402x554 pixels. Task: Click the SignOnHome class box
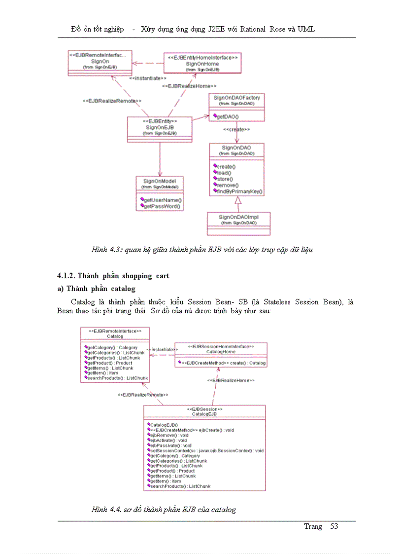point(202,63)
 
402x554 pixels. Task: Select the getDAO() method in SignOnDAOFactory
point(228,116)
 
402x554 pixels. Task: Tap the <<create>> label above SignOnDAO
point(236,129)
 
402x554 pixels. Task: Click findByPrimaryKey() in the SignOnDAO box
point(240,191)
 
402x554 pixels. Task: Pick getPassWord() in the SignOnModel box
point(162,207)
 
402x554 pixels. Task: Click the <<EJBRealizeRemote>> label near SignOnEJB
point(112,101)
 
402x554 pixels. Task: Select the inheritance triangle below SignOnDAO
point(238,200)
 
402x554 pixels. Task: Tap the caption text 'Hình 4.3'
point(106,250)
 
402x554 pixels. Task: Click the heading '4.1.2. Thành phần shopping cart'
point(113,276)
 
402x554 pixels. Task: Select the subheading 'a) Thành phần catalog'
point(97,288)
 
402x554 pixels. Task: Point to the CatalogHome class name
point(221,352)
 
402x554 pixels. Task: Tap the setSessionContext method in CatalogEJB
point(206,450)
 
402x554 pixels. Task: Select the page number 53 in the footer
point(334,526)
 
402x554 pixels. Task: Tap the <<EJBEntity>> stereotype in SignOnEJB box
point(160,121)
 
